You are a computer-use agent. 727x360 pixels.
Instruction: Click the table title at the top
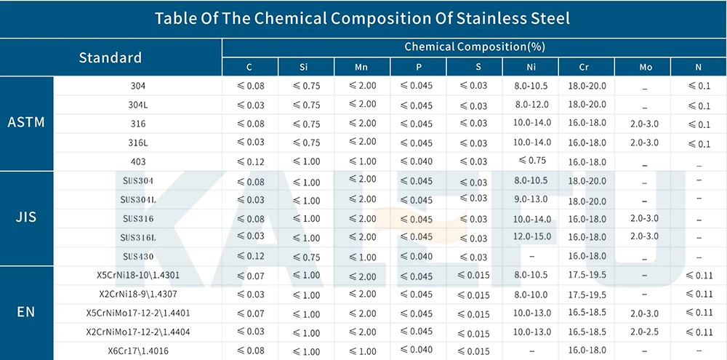click(x=362, y=19)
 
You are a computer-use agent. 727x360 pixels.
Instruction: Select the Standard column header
click(x=111, y=57)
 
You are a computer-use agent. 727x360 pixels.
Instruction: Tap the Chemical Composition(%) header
click(x=474, y=47)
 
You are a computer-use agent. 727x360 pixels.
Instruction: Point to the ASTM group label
click(x=26, y=122)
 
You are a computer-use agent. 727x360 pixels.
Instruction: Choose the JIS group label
click(x=26, y=217)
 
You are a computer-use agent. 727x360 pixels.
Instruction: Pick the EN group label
click(x=26, y=313)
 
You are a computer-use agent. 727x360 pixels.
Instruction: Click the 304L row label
click(x=138, y=105)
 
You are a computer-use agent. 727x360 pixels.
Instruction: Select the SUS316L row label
click(x=138, y=237)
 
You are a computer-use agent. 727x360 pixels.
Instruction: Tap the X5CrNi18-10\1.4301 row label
click(x=138, y=276)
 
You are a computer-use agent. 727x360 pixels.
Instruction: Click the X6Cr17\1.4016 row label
click(x=138, y=351)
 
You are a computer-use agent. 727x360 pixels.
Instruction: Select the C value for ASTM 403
click(x=250, y=161)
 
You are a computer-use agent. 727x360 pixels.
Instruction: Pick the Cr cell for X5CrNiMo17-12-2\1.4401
click(x=587, y=313)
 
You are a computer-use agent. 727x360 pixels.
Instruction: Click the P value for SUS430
click(x=418, y=256)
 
